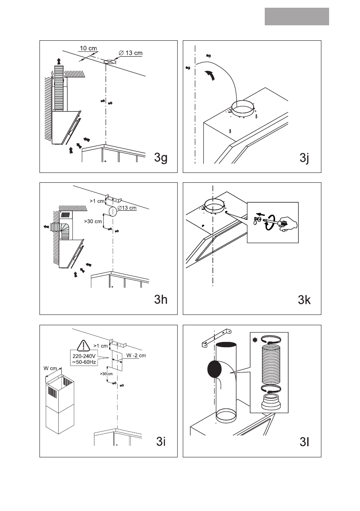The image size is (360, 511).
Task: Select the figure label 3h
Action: [161, 300]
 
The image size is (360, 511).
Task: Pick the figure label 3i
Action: [161, 441]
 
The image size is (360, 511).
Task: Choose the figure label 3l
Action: [303, 441]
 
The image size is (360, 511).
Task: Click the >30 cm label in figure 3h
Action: [93, 221]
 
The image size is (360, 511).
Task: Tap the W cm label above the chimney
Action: [51, 368]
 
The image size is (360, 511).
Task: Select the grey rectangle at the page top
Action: [296, 17]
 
